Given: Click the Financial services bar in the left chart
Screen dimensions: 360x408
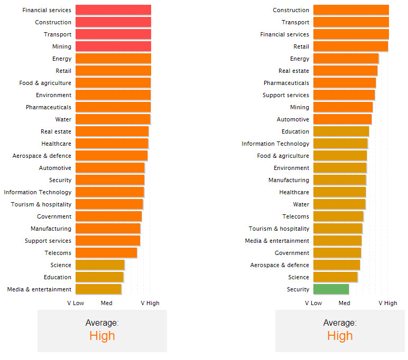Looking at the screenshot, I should (x=113, y=10).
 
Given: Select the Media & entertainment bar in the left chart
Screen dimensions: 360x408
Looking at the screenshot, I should (x=98, y=289).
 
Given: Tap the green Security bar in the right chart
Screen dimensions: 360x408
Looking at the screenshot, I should (x=331, y=289).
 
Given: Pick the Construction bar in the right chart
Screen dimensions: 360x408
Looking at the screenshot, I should (x=351, y=10).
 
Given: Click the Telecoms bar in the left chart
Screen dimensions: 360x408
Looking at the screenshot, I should (x=106, y=253).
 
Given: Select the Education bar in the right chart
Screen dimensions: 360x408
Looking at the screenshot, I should (x=341, y=131).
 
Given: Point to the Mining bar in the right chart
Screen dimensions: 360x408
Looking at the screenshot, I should (x=342, y=107).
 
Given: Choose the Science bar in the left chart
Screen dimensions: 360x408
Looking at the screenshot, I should (x=100, y=265).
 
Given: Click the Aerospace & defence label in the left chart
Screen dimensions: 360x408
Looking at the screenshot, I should (x=42, y=156).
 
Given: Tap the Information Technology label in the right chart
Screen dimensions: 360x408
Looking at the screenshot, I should (x=275, y=144).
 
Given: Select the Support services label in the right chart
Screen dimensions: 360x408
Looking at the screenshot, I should (x=286, y=95).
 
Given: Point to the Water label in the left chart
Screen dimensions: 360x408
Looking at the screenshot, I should (x=63, y=119).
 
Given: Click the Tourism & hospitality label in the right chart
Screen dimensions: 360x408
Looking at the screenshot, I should (x=279, y=229).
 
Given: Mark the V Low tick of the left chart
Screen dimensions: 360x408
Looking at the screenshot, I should (x=76, y=303).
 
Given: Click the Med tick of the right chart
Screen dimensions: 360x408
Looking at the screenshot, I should (x=345, y=303).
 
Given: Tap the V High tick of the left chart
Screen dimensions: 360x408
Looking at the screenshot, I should (x=150, y=303).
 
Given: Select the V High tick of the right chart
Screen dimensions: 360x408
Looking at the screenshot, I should (x=388, y=303).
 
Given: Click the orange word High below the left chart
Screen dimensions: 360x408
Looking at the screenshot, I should (x=102, y=336).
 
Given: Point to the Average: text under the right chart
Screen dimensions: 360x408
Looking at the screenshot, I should (x=340, y=323).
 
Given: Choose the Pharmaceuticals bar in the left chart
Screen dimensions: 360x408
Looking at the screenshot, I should (x=113, y=107).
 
